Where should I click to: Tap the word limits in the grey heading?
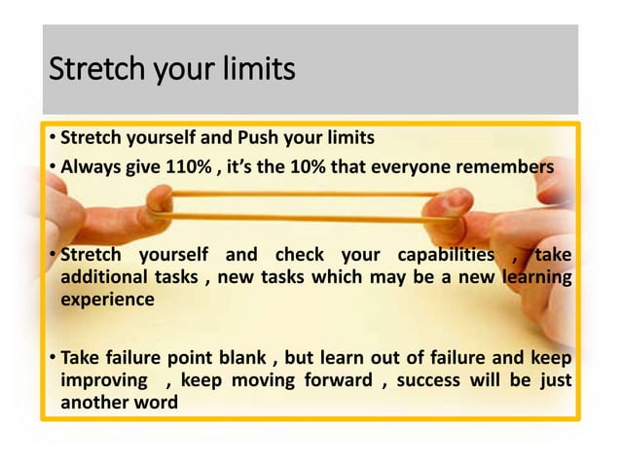point(254,71)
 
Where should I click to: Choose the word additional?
point(104,278)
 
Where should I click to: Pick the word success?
point(436,379)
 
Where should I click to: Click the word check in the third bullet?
point(299,256)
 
